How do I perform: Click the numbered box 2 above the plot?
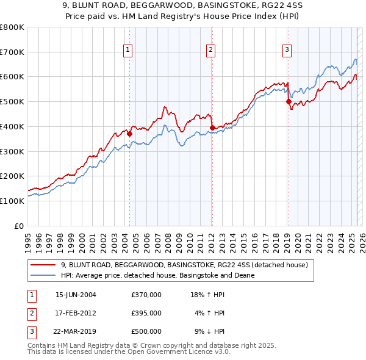(x=210, y=51)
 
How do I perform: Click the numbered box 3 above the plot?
(x=287, y=51)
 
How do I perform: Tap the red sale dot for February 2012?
(x=212, y=128)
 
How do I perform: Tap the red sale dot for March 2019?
(x=289, y=102)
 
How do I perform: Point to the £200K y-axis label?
(x=12, y=176)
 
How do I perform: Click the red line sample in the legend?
(x=43, y=265)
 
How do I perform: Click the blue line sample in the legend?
(x=43, y=275)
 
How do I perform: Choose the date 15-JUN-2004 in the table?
(x=76, y=295)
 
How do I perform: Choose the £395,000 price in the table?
(x=146, y=313)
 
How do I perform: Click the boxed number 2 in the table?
(x=30, y=313)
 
